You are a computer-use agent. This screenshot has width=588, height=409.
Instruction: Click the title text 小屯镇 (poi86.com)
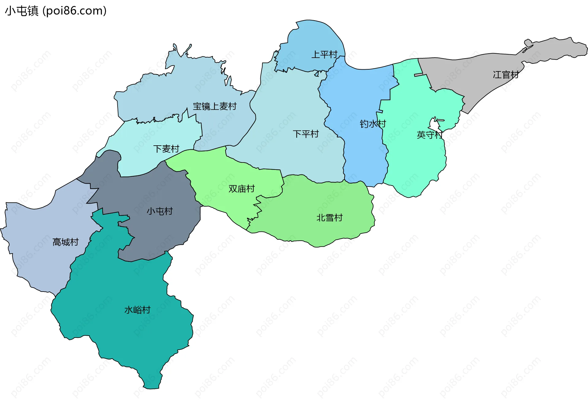(56, 11)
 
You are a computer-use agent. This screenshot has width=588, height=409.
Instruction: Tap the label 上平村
(324, 55)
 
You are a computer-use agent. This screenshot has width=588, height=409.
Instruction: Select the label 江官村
(506, 75)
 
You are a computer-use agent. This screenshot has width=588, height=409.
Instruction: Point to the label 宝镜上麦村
(215, 106)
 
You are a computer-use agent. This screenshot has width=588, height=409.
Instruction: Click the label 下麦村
(166, 149)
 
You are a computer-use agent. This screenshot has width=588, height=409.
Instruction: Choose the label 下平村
(306, 134)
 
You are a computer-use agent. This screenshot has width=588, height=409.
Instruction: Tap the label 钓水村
(373, 124)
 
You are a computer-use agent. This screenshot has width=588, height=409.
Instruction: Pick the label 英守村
(429, 135)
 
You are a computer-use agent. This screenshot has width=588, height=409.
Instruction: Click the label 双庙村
(242, 189)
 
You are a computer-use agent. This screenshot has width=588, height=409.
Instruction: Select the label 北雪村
(329, 218)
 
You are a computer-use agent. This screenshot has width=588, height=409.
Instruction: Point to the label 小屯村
(160, 211)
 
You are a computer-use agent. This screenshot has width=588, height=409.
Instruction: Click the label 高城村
(66, 242)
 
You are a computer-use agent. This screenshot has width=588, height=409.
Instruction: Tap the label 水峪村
(137, 310)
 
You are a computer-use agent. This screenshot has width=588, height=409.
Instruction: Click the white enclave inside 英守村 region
(434, 125)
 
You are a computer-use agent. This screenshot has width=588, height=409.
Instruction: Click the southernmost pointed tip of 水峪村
(152, 388)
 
